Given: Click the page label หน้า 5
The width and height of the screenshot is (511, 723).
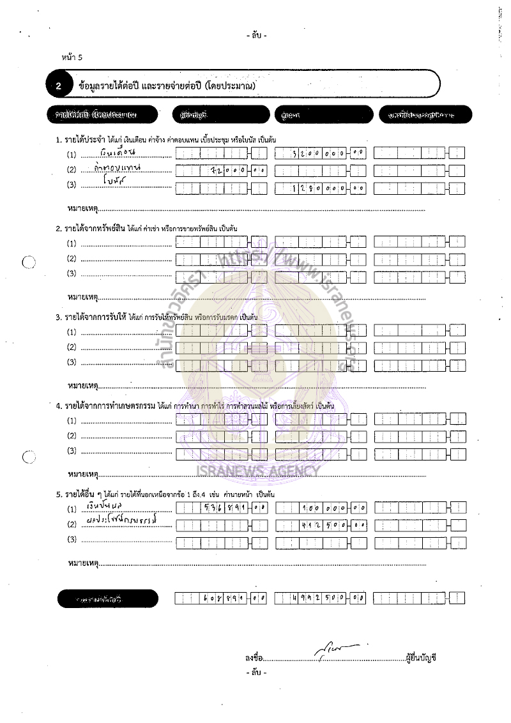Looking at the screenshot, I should (x=72, y=57).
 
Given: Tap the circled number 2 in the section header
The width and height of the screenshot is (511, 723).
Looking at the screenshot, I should (x=58, y=85).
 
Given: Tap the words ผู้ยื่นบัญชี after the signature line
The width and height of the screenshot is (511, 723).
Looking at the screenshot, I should (x=421, y=658).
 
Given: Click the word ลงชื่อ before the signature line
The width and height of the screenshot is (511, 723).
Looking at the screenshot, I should (x=254, y=658).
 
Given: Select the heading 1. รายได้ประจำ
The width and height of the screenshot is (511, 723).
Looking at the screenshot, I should (x=79, y=139).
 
